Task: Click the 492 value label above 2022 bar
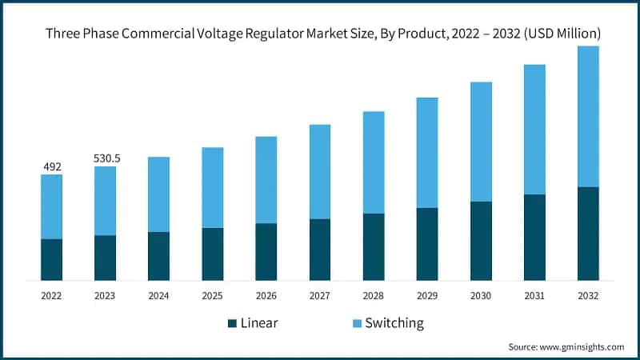pyautogui.click(x=51, y=166)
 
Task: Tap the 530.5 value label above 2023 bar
pyautogui.click(x=106, y=158)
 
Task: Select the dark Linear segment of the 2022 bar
pyautogui.click(x=51, y=259)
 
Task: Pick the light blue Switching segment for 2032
pyautogui.click(x=588, y=117)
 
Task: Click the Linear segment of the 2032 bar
pyautogui.click(x=588, y=234)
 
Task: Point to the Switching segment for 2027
pyautogui.click(x=320, y=171)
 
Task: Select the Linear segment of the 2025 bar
pyautogui.click(x=213, y=254)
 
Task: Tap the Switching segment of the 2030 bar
pyautogui.click(x=481, y=142)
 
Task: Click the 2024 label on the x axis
pyautogui.click(x=158, y=296)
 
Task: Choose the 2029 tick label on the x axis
pyautogui.click(x=427, y=296)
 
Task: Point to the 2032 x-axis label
pyautogui.click(x=588, y=296)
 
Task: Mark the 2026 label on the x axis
pyautogui.click(x=266, y=296)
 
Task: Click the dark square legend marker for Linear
pyautogui.click(x=233, y=323)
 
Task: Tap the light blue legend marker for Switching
pyautogui.click(x=356, y=323)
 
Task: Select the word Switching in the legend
pyautogui.click(x=394, y=323)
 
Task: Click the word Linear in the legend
pyautogui.click(x=261, y=323)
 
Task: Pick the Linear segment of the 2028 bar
pyautogui.click(x=374, y=246)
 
